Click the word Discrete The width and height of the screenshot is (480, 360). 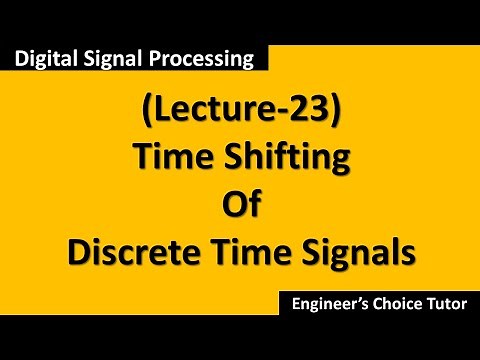[x=133, y=249]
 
